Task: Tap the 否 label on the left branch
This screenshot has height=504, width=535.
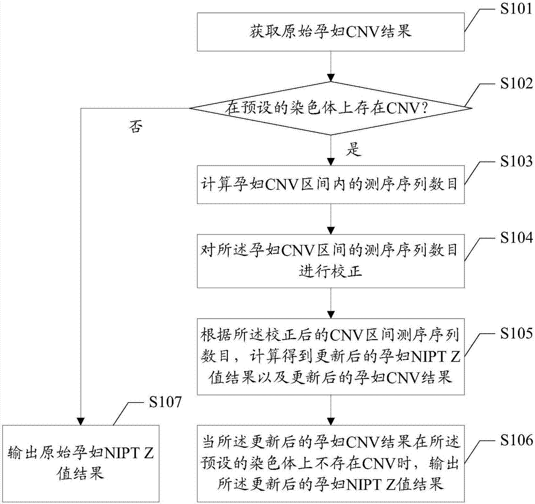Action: pyautogui.click(x=136, y=127)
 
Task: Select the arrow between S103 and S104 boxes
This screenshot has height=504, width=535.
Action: pyautogui.click(x=332, y=219)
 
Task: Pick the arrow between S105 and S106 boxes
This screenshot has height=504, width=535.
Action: pyautogui.click(x=332, y=410)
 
